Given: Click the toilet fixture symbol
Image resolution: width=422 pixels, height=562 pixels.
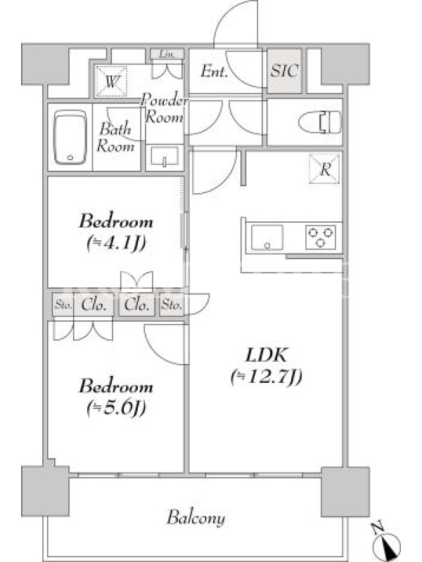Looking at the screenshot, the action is tap(320, 122).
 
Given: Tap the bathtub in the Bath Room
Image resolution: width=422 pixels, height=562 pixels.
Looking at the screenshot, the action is tap(70, 137).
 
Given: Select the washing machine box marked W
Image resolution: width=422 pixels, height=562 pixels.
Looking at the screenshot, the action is tap(111, 81).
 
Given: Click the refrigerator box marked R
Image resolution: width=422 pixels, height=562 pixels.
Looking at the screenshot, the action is tap(324, 169).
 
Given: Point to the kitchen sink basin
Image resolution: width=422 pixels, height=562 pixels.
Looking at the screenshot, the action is tap(267, 237).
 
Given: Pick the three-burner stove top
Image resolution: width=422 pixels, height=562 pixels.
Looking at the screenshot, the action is tap(321, 237).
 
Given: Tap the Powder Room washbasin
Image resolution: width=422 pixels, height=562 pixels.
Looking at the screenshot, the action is tap(165, 157).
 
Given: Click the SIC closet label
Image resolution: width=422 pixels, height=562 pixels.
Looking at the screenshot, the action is tap(284, 71).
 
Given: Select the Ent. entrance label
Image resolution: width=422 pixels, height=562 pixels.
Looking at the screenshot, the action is tap(214, 71).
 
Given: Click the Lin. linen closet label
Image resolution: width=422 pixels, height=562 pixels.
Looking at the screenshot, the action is tap(167, 55).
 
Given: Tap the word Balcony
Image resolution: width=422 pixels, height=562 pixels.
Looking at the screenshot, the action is tap(196, 518).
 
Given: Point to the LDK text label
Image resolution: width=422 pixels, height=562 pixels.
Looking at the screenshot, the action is tap(267, 355).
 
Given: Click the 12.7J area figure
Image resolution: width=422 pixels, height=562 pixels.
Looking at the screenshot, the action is tap(267, 377).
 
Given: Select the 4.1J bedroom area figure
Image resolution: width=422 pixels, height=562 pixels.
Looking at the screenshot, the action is tap(116, 244).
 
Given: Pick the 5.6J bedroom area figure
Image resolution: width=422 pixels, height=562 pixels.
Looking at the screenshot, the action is tap(116, 408).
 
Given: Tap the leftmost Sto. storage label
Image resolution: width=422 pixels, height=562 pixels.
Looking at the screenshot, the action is tap(63, 305).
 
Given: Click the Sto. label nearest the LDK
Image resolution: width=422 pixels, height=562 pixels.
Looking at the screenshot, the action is tap(171, 305).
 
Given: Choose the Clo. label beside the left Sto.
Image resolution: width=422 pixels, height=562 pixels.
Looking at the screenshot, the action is tap(94, 305).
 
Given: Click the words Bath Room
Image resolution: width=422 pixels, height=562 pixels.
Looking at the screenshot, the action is tap(115, 138).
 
